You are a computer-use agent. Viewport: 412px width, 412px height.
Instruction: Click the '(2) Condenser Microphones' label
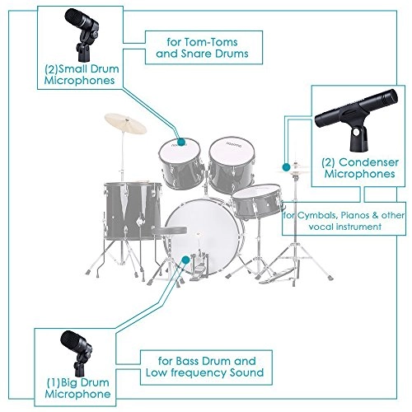pos(355,168)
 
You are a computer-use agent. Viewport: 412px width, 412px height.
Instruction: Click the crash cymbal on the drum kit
pos(124,126)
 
